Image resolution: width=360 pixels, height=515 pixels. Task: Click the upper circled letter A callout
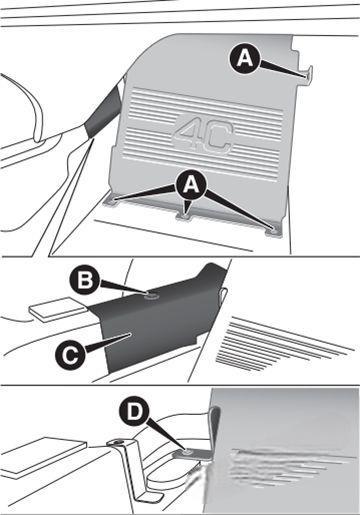tap(245, 59)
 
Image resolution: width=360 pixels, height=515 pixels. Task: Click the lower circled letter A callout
tap(191, 184)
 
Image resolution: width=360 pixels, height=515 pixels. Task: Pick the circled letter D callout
tap(134, 413)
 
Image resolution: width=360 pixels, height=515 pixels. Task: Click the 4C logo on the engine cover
tap(202, 135)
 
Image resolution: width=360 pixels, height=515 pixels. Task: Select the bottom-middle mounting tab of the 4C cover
tap(184, 215)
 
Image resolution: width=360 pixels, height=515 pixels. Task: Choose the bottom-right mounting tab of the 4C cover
tap(274, 231)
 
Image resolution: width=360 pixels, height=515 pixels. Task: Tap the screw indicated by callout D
tap(187, 452)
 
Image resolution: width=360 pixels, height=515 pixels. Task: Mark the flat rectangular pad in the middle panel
tap(58, 309)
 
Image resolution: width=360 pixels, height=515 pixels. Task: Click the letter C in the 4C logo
tap(217, 138)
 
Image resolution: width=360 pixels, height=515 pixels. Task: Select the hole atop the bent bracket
tap(117, 443)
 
